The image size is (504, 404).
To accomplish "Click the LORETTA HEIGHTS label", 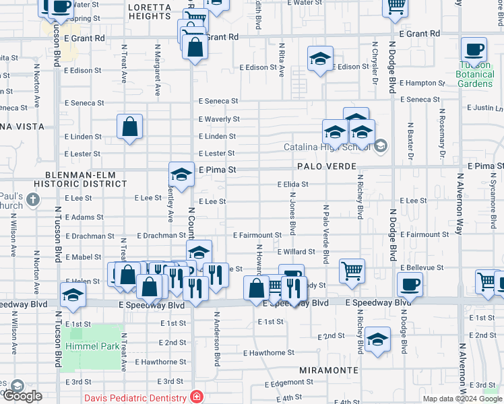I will coord(149,11).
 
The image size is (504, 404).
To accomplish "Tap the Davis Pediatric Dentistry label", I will coord(135,398).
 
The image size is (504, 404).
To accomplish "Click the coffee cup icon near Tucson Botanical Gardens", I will coord(474,50).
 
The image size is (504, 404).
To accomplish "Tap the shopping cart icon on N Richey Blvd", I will coord(352,270).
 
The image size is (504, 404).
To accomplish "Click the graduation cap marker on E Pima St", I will coord(181,175).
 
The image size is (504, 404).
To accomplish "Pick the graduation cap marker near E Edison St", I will coord(321,59).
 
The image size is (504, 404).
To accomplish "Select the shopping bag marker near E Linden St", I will coord(129,127).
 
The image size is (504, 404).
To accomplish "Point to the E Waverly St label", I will coord(218,119).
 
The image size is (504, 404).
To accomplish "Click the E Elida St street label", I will coord(292,184).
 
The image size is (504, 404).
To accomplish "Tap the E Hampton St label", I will coord(422,83).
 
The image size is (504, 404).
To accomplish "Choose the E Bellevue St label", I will coord(422,267).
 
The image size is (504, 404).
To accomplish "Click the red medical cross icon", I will coord(196,397).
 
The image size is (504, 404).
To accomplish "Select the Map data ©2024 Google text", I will coord(463,399).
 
